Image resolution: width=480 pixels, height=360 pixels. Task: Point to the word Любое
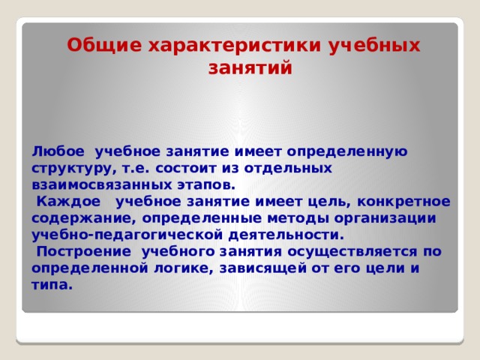pyautogui.click(x=58, y=151)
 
